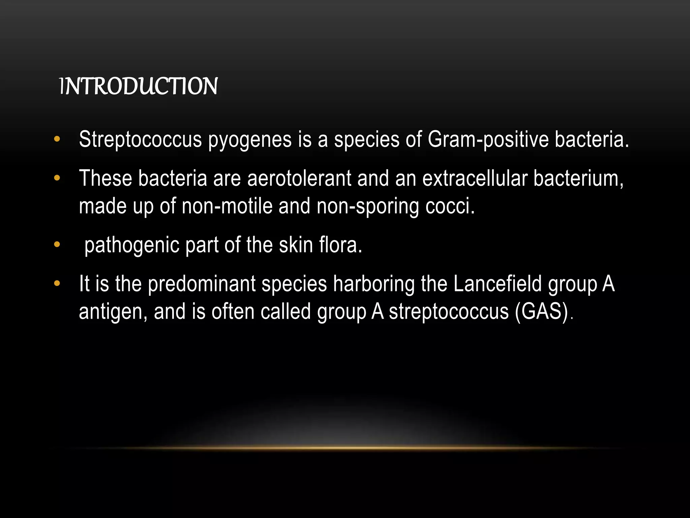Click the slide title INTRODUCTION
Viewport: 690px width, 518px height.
coord(138,86)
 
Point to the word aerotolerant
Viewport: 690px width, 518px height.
coord(299,178)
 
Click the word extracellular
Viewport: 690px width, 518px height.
coord(475,178)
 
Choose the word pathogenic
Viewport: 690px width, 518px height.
coord(132,246)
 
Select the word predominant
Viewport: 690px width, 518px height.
coord(202,284)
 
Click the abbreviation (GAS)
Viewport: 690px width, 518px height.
coord(542,311)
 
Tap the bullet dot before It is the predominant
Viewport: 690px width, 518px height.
coord(57,283)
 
